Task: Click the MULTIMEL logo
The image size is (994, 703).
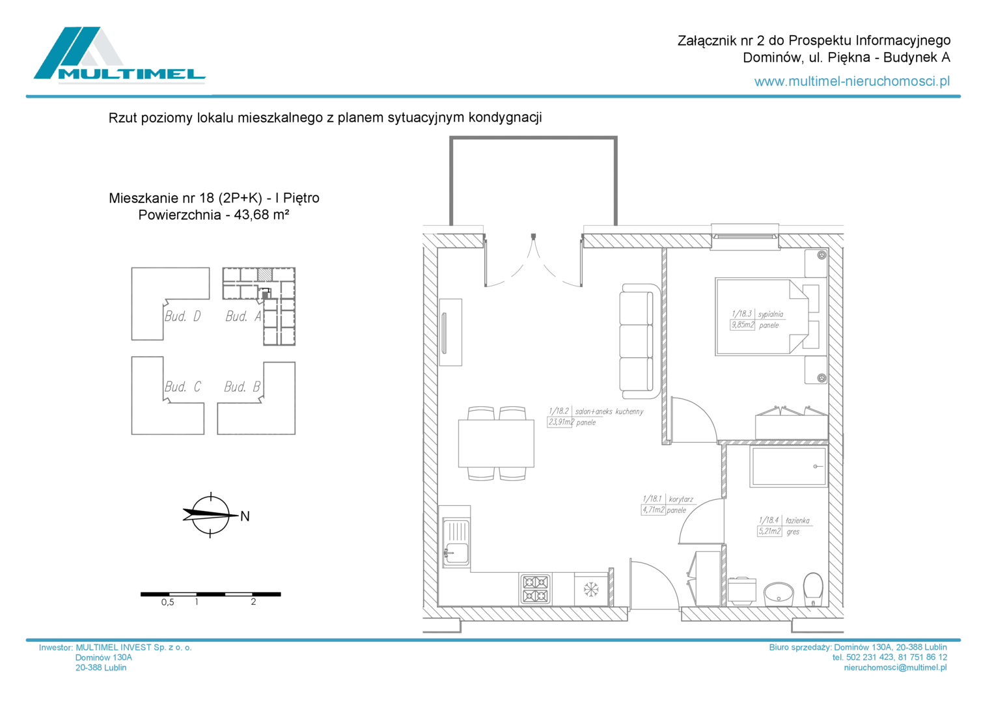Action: point(120,55)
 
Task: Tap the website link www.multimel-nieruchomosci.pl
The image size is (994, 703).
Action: point(852,81)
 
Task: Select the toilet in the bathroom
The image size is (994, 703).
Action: point(813,589)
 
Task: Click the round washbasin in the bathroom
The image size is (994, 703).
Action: point(779,594)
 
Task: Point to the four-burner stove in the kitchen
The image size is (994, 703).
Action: point(534,589)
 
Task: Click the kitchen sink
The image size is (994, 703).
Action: point(456,543)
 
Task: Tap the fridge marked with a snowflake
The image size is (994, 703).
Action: point(591,589)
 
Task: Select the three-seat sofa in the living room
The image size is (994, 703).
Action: point(640,341)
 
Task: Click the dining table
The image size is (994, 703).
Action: point(496,443)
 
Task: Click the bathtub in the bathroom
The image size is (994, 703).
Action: point(788,467)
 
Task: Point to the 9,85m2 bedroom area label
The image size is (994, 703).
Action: point(742,325)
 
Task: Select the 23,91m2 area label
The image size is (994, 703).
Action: point(560,422)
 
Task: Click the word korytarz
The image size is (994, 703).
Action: point(681,499)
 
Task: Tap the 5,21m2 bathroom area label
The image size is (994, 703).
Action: point(769,531)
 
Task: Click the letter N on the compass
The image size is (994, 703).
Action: point(245,516)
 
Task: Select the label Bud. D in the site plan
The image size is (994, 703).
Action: point(182,316)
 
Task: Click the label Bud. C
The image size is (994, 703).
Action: point(182,387)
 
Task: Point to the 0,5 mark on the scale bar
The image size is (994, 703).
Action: point(168,602)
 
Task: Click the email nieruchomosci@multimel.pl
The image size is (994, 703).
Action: point(895,667)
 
